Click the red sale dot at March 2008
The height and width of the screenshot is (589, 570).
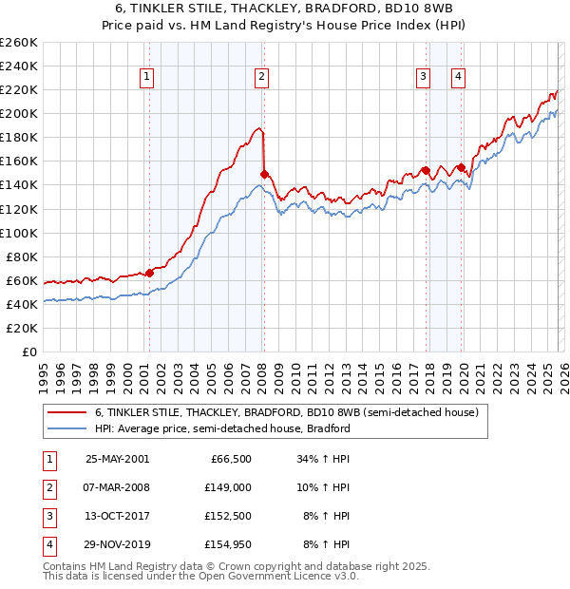tap(264, 174)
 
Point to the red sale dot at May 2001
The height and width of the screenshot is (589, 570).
tap(149, 273)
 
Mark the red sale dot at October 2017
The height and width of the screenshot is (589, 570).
tap(426, 170)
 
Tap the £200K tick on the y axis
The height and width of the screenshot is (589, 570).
tap(19, 113)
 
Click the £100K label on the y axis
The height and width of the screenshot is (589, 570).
tap(19, 233)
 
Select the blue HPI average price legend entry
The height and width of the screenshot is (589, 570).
tap(222, 428)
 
